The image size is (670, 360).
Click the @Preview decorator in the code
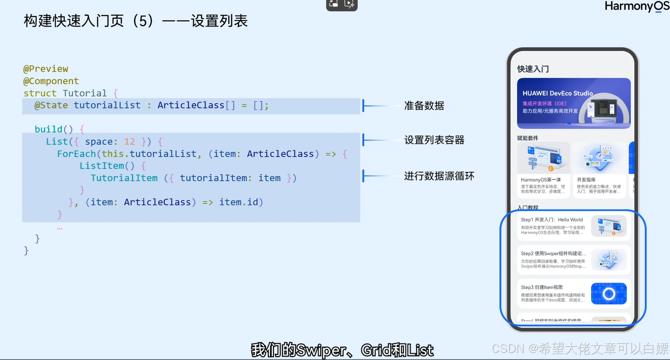click(46, 69)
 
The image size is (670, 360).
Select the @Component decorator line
click(51, 81)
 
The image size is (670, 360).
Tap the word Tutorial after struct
click(85, 93)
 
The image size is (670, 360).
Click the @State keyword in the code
click(51, 105)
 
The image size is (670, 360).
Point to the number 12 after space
click(129, 142)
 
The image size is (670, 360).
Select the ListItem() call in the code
click(107, 166)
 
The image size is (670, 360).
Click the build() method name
click(54, 129)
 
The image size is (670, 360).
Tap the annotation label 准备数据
click(424, 106)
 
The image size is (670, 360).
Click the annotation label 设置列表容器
click(434, 140)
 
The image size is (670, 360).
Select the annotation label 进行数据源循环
click(439, 176)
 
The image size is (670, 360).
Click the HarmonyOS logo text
click(636, 6)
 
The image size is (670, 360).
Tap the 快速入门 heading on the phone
click(533, 69)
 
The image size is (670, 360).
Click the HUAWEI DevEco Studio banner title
click(557, 93)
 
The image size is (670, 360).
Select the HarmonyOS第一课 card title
click(541, 180)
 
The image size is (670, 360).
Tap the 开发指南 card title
click(586, 180)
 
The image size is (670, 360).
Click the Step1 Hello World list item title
click(552, 220)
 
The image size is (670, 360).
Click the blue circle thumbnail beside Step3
click(609, 294)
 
